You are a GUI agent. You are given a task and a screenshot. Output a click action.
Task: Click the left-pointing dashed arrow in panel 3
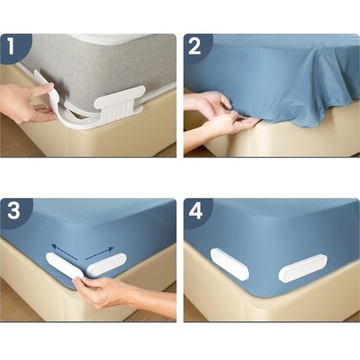pyautogui.click(x=64, y=252)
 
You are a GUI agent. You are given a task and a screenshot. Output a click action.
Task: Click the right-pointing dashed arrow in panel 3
pyautogui.click(x=100, y=253)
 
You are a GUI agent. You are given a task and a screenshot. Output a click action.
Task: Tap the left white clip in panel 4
pyautogui.click(x=230, y=264)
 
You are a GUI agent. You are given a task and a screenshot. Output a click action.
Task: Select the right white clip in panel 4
pyautogui.click(x=303, y=268)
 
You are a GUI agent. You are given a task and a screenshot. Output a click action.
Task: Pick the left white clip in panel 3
pyautogui.click(x=65, y=265)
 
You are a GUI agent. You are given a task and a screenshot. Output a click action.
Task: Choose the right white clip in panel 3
pyautogui.click(x=106, y=264)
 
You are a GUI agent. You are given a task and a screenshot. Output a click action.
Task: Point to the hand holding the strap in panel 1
pyautogui.click(x=27, y=103)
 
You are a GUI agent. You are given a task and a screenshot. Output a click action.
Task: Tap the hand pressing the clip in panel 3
pyautogui.click(x=100, y=292)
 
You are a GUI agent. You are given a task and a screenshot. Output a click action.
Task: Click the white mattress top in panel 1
pyautogui.click(x=120, y=37)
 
